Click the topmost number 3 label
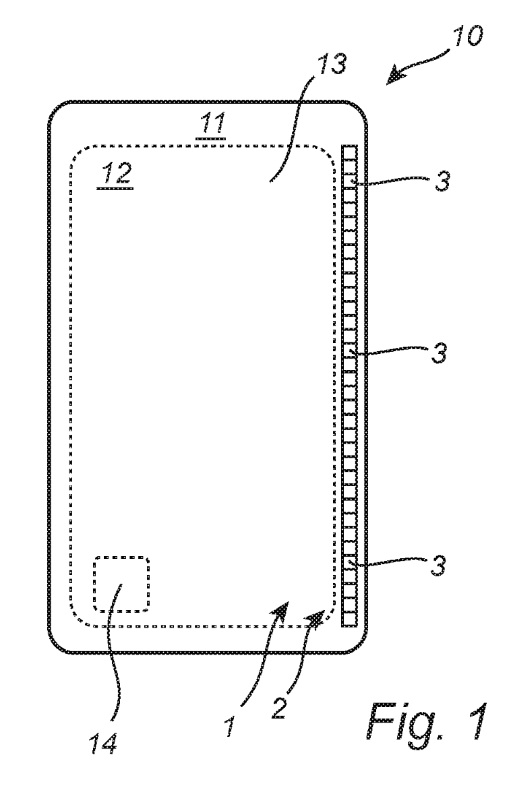439,183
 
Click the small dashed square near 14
121,584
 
